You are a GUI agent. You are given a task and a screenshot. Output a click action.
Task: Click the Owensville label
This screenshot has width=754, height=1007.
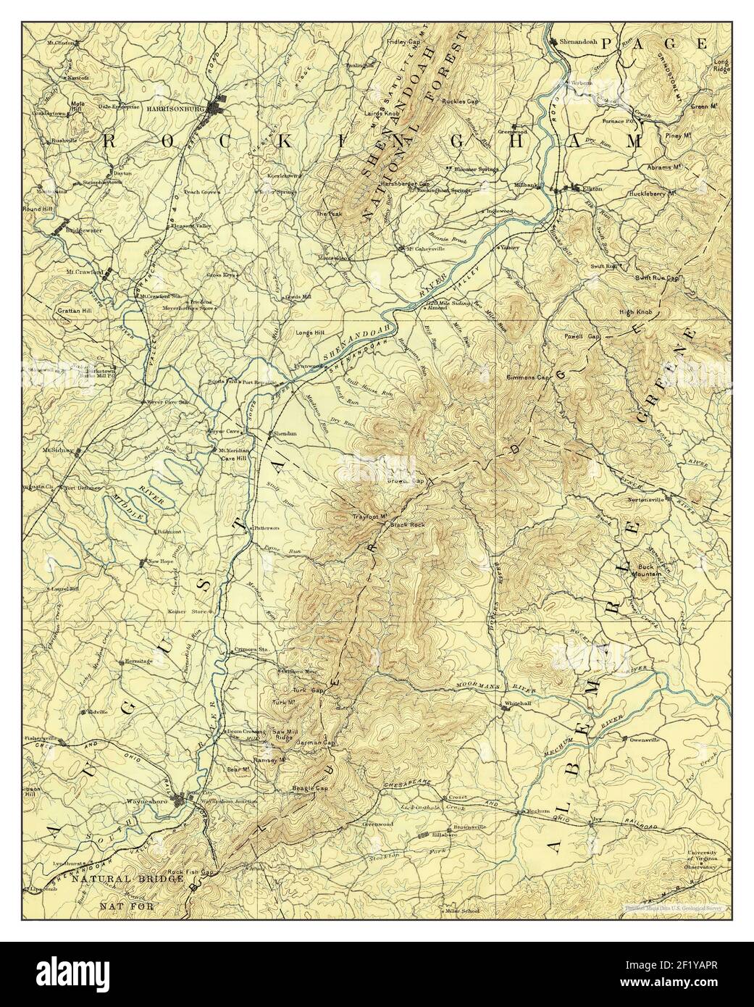pyautogui.click(x=646, y=740)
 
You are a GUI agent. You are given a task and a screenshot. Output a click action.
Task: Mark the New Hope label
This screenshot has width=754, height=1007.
pyautogui.click(x=162, y=561)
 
